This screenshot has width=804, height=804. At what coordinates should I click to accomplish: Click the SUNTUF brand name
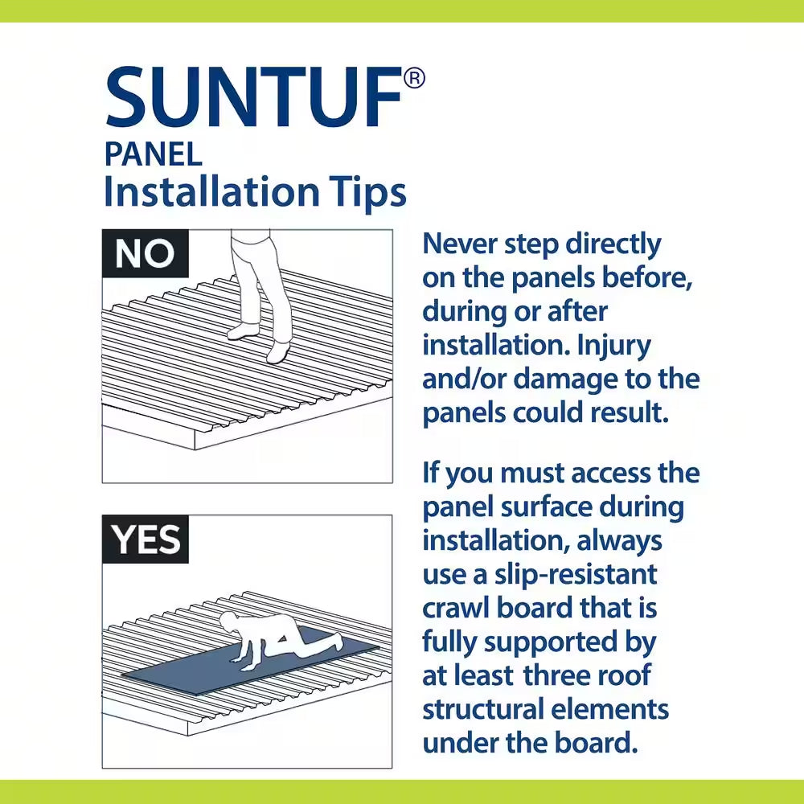pyautogui.click(x=253, y=96)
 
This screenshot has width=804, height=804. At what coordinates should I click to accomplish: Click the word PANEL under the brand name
pyautogui.click(x=154, y=154)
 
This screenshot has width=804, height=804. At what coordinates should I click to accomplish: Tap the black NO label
pyautogui.click(x=145, y=253)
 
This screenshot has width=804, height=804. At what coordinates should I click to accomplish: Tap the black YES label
pyautogui.click(x=146, y=539)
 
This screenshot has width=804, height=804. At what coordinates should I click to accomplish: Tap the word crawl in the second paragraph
pyautogui.click(x=456, y=608)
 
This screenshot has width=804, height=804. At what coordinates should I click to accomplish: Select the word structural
pyautogui.click(x=483, y=710)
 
